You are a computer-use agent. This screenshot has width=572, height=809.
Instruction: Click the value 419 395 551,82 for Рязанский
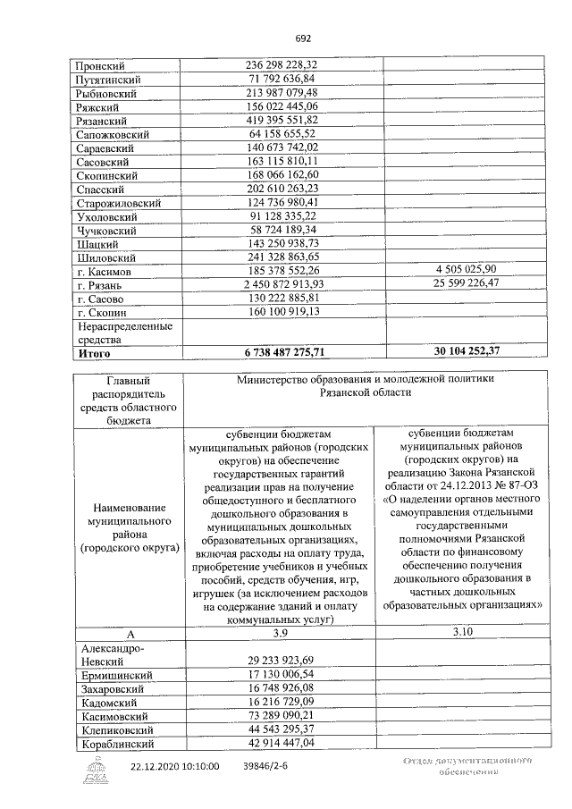[x=282, y=120]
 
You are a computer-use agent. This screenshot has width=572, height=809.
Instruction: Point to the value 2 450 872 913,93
[x=282, y=283]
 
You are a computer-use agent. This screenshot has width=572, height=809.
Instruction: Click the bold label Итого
[x=95, y=353]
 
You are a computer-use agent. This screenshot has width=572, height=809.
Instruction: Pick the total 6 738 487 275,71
[x=282, y=353]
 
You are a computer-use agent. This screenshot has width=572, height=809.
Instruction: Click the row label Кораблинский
[x=116, y=744]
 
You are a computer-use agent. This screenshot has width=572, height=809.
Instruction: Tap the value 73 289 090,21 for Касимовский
[x=282, y=716]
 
